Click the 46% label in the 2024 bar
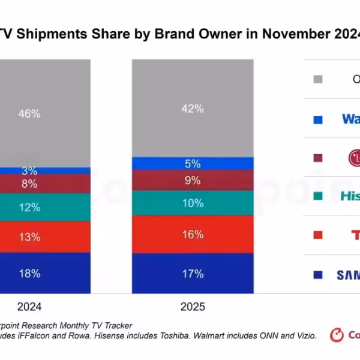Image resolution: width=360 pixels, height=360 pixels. tap(29, 113)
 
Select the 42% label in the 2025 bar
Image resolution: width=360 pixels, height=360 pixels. tap(192, 109)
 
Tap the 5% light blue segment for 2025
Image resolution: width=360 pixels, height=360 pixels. tap(192, 163)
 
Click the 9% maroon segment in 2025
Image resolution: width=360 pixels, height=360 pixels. tap(192, 180)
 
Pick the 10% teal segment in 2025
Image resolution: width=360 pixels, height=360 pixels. tap(192, 203)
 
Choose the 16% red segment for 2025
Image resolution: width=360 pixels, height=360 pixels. tap(192, 234)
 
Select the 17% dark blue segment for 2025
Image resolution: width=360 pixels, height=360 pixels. tap(192, 273)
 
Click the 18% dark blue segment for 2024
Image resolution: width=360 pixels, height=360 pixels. tap(29, 273)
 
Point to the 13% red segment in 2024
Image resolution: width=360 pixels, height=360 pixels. tap(29, 237)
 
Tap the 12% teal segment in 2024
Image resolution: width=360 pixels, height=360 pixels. tap(29, 207)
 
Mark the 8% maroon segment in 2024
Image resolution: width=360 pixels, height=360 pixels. tap(29, 184)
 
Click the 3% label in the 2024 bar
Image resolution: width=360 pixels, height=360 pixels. tap(29, 171)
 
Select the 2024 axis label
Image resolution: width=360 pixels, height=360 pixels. tap(29, 307)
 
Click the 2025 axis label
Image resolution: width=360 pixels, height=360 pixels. tap(192, 307)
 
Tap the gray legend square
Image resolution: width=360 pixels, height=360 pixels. tap(318, 79)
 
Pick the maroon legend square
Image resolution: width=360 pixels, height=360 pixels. tap(318, 158)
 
